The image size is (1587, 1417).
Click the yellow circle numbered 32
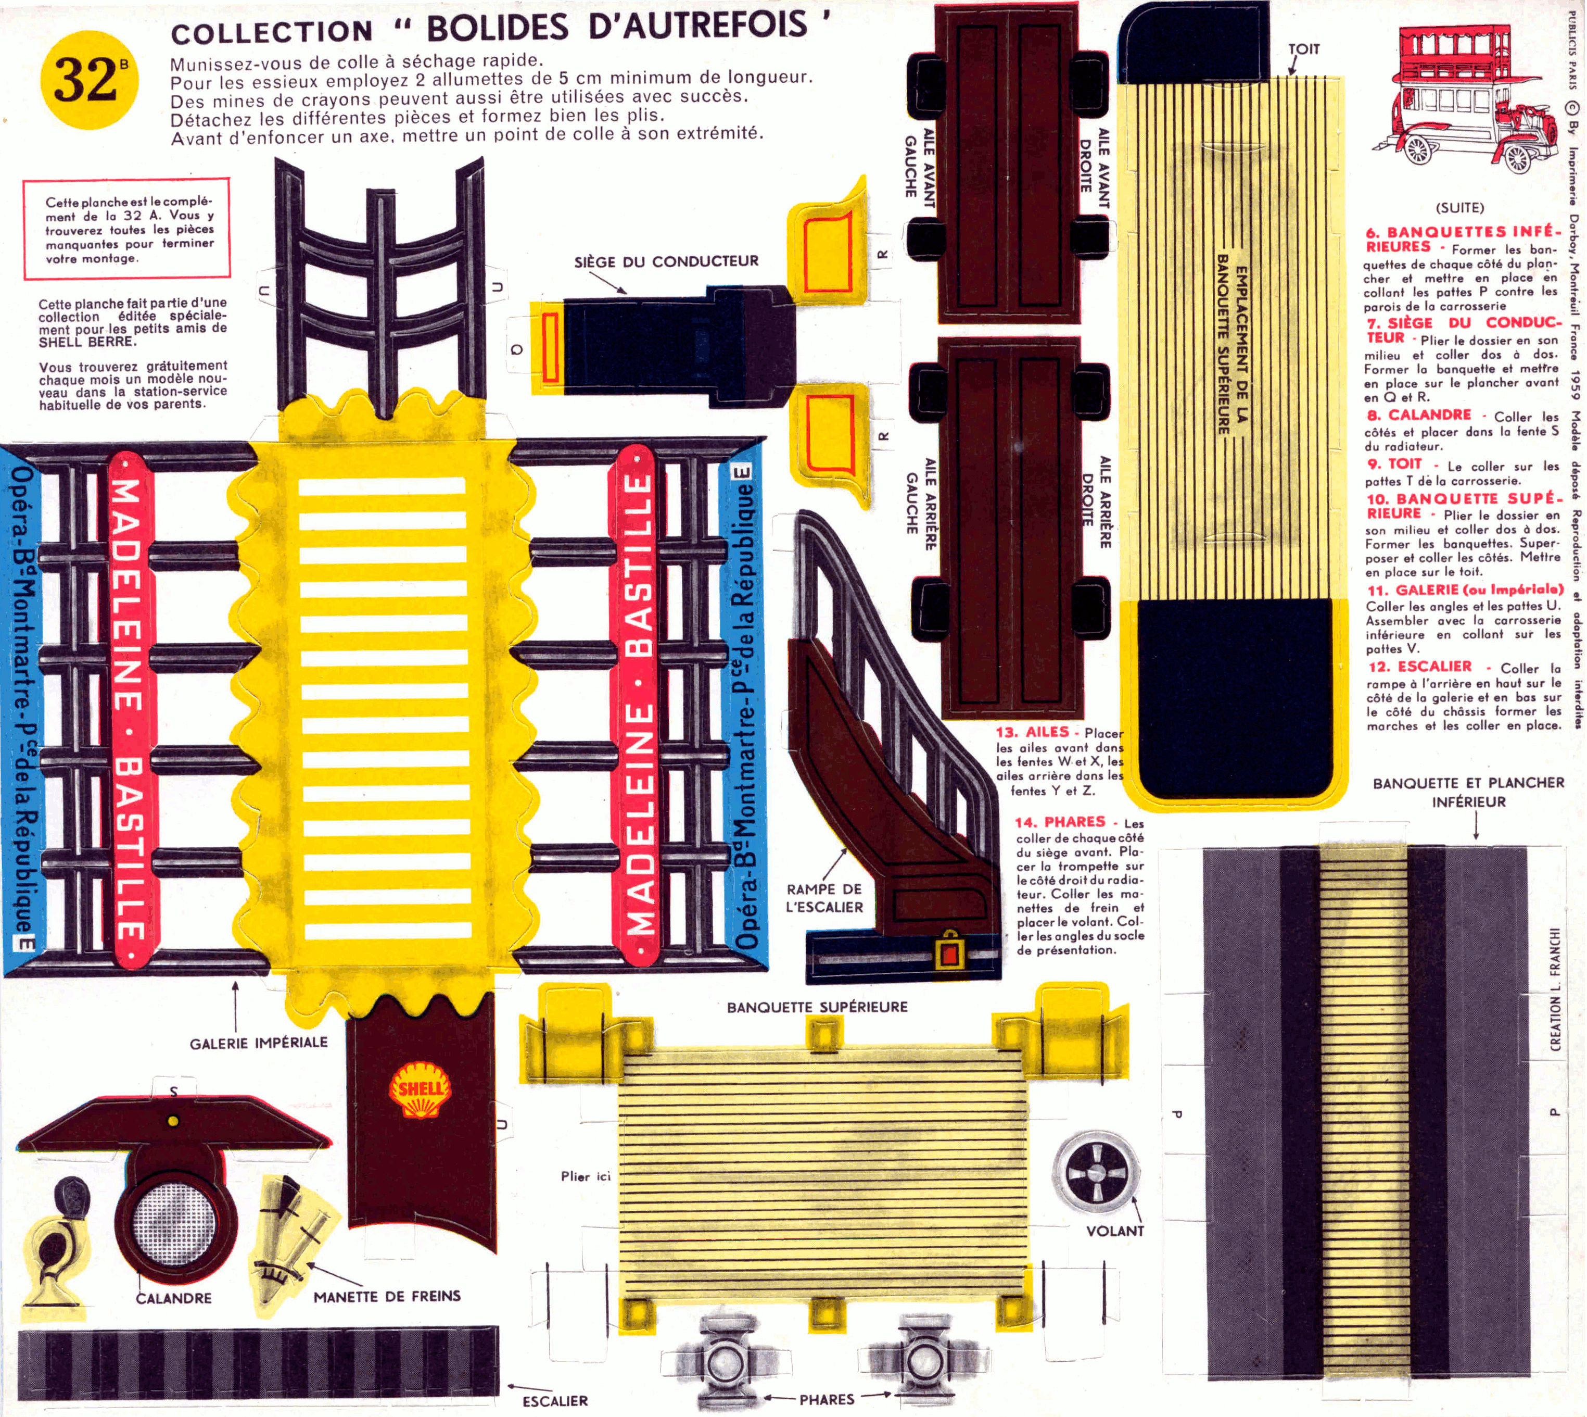click(x=88, y=79)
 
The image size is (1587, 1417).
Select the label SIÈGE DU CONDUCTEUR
click(x=666, y=261)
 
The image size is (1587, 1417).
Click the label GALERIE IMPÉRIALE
click(x=258, y=1043)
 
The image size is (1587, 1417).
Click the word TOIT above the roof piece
click(x=1304, y=49)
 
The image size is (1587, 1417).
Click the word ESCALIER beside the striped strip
click(x=555, y=1401)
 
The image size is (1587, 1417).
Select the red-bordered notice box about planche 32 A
click(x=127, y=230)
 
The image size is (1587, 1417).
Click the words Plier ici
click(x=585, y=1176)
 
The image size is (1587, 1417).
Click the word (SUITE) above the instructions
click(x=1459, y=208)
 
